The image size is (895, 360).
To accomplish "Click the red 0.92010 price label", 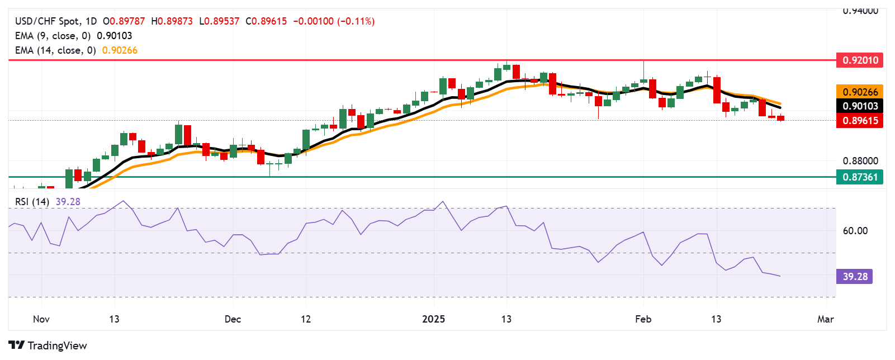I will click(859, 60).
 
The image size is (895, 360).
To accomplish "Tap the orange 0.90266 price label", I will click(859, 92).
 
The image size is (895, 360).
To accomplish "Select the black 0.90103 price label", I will click(859, 106).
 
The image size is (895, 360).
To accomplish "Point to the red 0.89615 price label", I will click(859, 121).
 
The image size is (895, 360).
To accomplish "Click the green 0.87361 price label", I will click(859, 177).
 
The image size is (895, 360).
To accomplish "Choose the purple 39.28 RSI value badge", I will click(855, 277).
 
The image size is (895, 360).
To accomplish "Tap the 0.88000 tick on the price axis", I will click(860, 161).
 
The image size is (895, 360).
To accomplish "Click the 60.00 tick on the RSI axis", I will click(855, 231).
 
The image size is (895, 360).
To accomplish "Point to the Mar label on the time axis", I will click(825, 319).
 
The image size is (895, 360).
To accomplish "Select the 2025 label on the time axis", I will click(433, 319).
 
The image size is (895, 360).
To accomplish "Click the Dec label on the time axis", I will click(233, 319).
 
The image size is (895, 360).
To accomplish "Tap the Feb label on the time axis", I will click(643, 319).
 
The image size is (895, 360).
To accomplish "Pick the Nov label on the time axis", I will click(41, 319).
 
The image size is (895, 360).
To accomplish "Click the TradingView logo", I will click(48, 345).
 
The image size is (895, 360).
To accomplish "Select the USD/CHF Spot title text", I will click(47, 21).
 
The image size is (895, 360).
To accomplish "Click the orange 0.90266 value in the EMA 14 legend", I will click(120, 50).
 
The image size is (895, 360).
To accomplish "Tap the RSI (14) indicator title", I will click(32, 202).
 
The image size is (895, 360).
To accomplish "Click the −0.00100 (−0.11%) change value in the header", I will click(334, 21).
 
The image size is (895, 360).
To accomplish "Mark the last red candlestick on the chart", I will click(781, 118).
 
